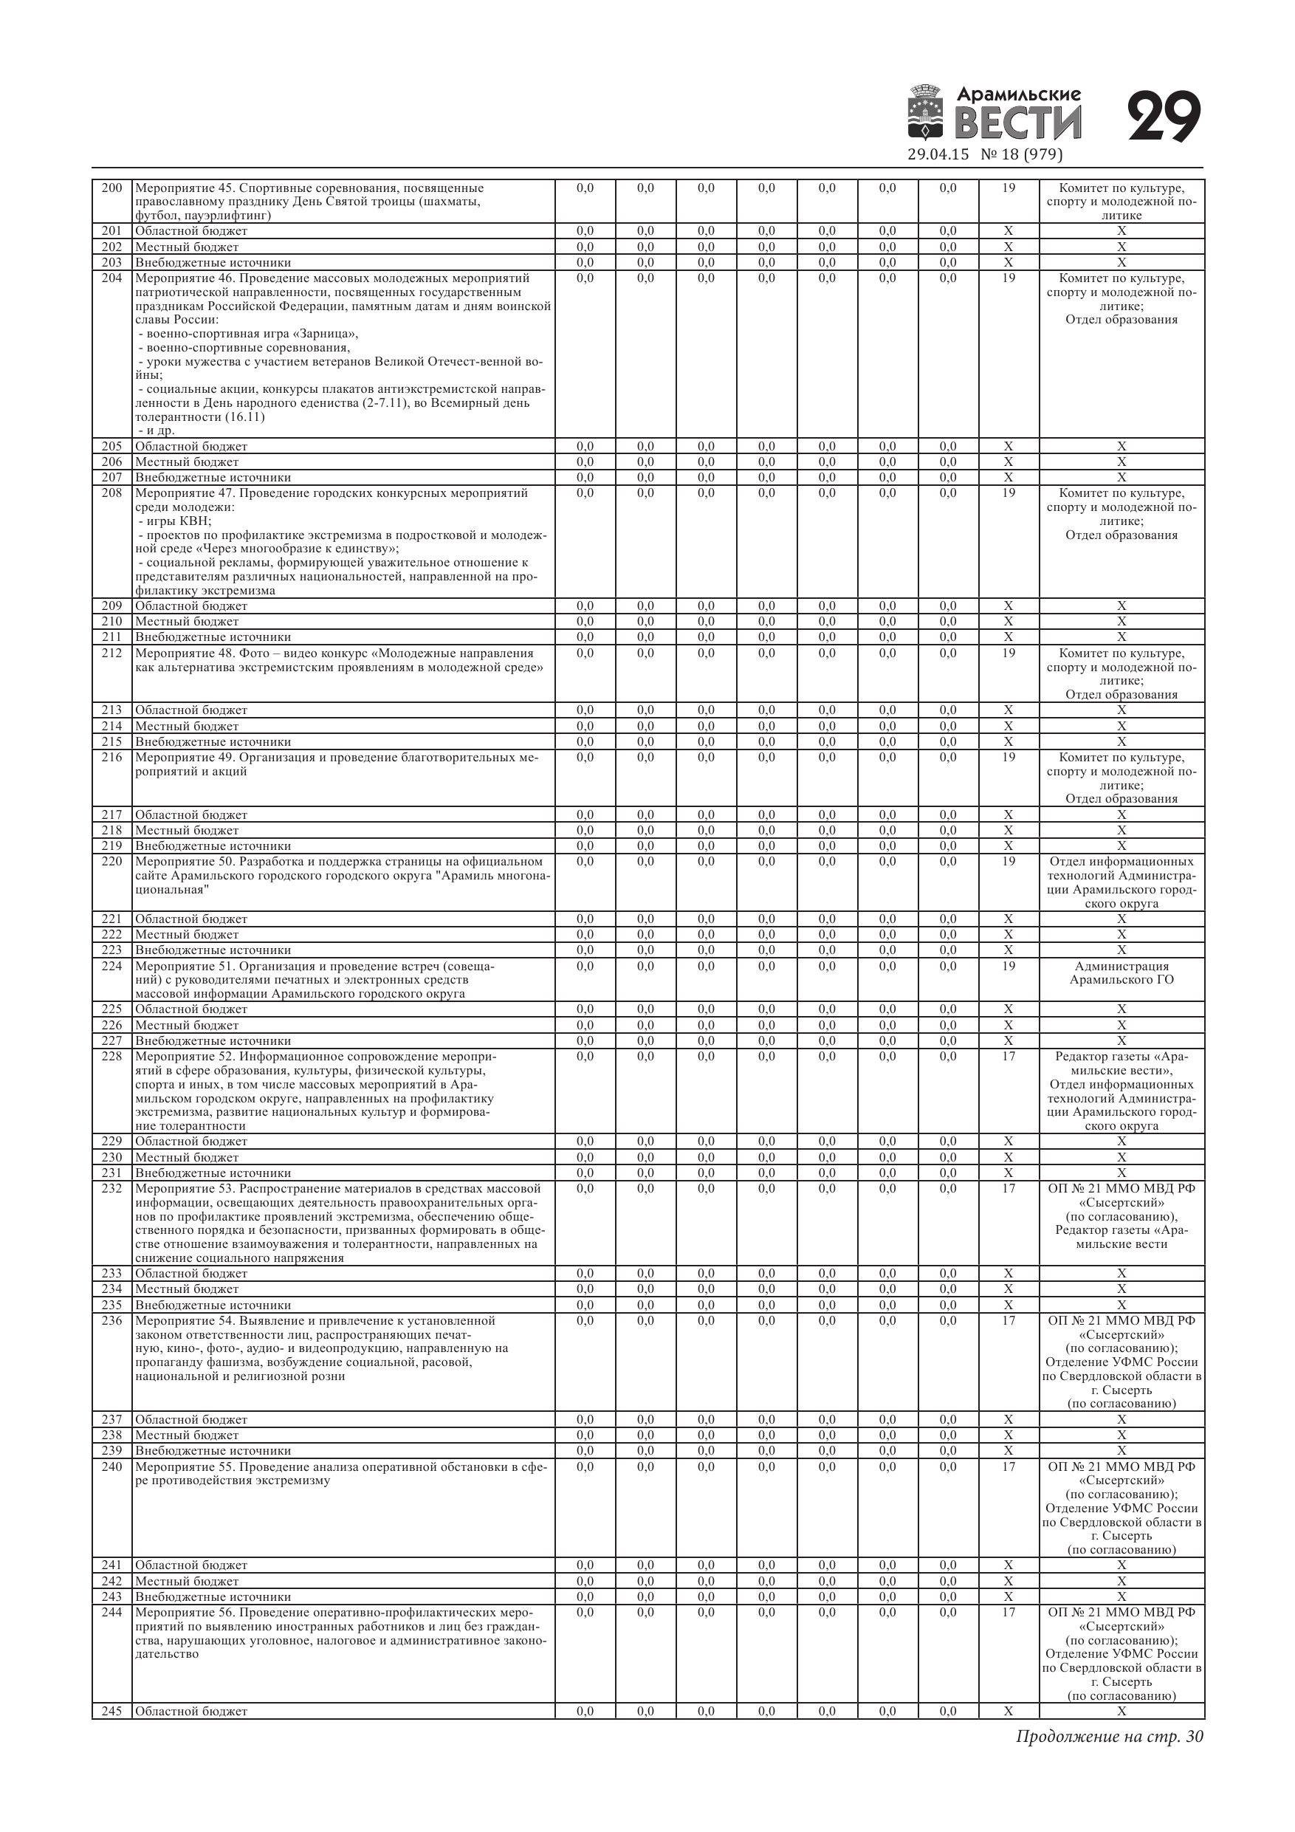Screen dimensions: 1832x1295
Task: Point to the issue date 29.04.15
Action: (x=938, y=155)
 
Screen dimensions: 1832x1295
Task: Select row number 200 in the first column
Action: (x=111, y=188)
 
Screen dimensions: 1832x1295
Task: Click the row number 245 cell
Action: (x=111, y=1711)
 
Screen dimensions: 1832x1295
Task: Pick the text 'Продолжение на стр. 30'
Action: (x=1109, y=1737)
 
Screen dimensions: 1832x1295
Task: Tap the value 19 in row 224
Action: (x=1009, y=967)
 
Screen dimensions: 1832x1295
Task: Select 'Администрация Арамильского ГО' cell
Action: (x=1121, y=972)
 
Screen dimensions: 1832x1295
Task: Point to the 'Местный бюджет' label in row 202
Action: (x=187, y=247)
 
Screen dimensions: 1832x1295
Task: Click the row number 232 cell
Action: (x=111, y=1189)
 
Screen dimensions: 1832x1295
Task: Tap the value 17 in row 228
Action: (x=1009, y=1057)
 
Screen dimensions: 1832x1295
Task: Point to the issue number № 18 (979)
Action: (x=1020, y=155)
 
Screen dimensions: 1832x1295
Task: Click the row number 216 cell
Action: (x=111, y=757)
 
